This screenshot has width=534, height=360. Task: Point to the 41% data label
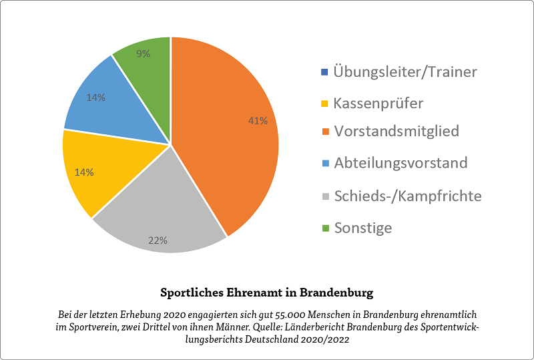pos(258,121)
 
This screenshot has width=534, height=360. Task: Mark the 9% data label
pos(143,54)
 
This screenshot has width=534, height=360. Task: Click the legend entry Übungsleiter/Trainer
pos(405,72)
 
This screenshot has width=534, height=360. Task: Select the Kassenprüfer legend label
pos(378,104)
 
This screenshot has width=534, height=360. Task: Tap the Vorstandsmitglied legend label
pos(396,131)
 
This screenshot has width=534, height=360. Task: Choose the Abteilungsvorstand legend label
pos(400,163)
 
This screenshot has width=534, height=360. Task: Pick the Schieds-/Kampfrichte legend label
pos(407,196)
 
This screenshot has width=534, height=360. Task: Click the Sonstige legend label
pos(362,228)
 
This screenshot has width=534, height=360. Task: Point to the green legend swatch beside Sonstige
pos(325,228)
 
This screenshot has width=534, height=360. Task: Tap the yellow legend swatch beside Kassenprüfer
pos(325,104)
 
